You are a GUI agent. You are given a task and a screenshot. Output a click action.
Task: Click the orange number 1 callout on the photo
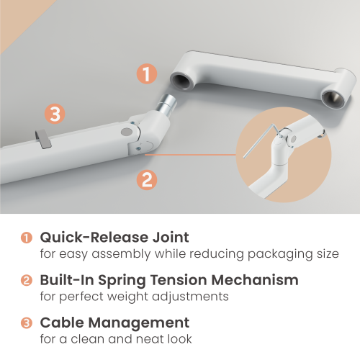[147, 74]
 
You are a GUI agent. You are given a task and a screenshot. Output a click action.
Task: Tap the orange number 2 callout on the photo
[147, 179]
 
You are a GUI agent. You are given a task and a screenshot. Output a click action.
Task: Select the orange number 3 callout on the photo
[55, 114]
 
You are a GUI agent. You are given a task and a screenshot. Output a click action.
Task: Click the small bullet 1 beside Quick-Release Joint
[27, 238]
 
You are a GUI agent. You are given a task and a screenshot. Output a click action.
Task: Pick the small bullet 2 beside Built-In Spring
[27, 280]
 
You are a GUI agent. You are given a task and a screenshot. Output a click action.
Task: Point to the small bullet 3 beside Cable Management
[27, 323]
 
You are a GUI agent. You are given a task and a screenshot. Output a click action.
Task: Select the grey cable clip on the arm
[44, 138]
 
